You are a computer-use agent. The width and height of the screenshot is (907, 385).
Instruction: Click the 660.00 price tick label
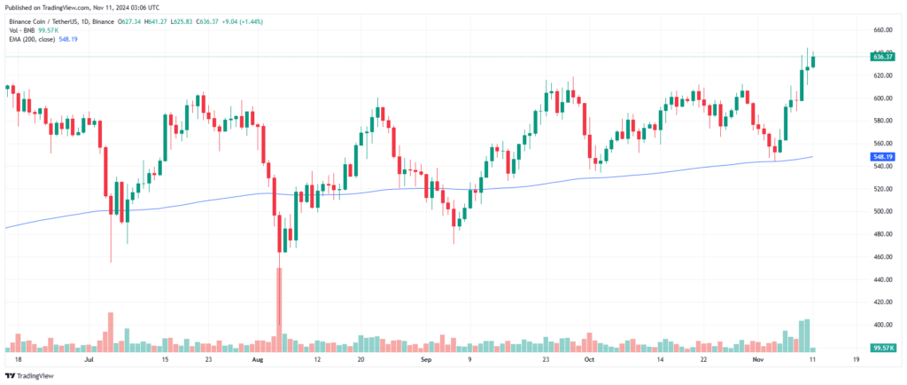(x=882, y=29)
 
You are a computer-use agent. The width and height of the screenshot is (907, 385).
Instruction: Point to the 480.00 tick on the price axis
(x=882, y=234)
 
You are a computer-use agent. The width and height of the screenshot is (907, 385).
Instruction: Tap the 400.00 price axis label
(x=882, y=325)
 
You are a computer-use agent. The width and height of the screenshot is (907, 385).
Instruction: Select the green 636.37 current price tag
(x=882, y=57)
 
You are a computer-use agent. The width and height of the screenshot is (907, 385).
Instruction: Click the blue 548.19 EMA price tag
(x=882, y=157)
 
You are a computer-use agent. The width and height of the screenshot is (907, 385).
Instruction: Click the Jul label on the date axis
(x=89, y=362)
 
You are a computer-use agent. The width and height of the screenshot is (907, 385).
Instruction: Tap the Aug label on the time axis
(x=258, y=362)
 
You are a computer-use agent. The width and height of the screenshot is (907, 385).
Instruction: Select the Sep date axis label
(x=427, y=362)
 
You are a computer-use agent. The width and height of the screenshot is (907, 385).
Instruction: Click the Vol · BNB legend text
(x=23, y=29)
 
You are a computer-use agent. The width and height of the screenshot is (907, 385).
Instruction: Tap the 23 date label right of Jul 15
(x=206, y=362)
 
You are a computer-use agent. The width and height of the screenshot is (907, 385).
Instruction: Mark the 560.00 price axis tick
(x=882, y=143)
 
